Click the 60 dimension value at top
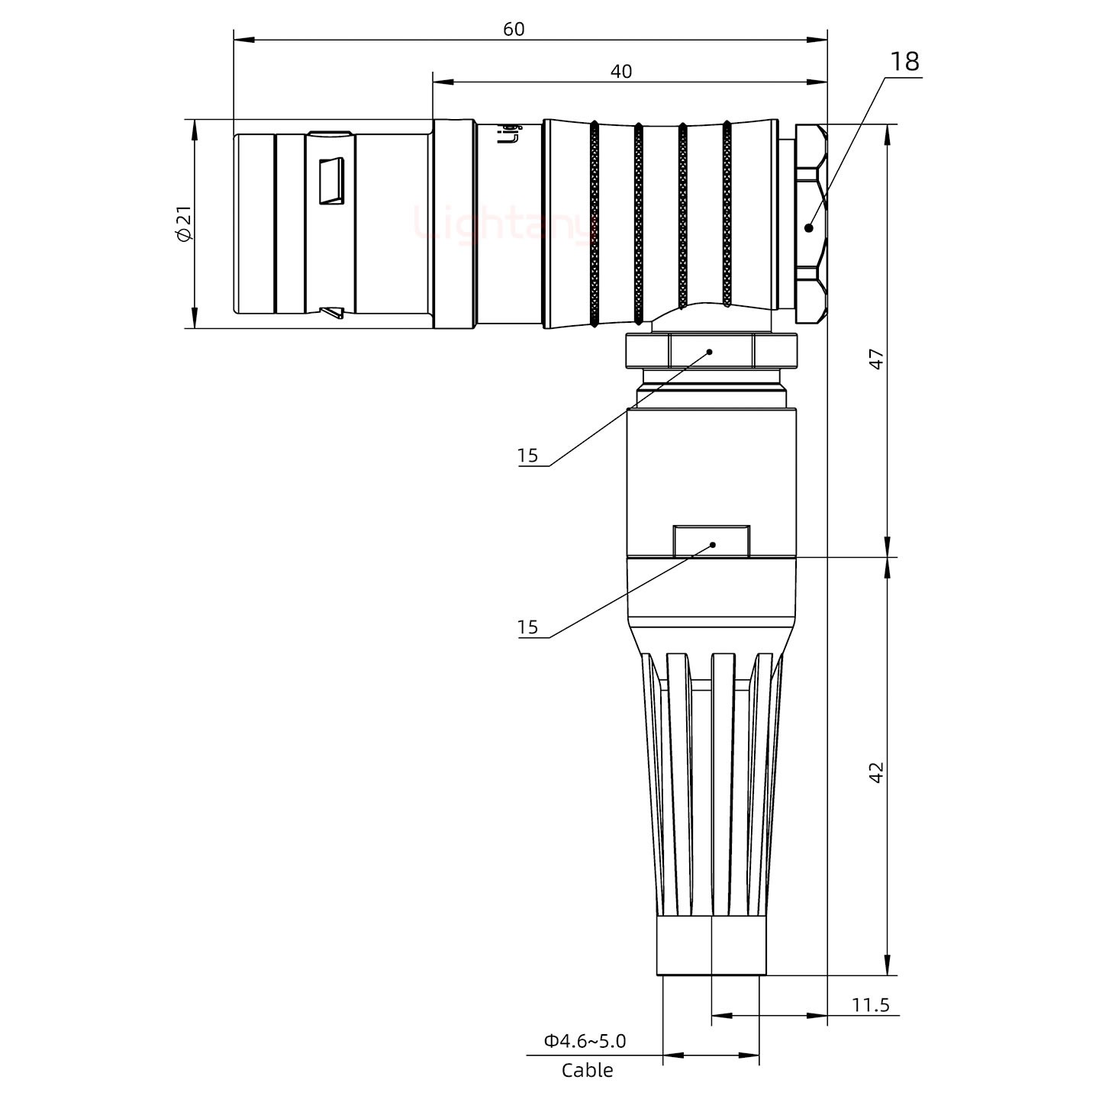click(x=514, y=29)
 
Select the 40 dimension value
click(x=621, y=71)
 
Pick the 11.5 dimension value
click(x=870, y=1004)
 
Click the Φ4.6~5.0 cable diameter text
click(x=585, y=1040)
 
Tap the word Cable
click(x=587, y=1071)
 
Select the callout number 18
click(x=904, y=62)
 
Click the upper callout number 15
click(x=527, y=456)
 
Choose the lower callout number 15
click(x=527, y=627)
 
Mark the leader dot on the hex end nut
click(x=809, y=227)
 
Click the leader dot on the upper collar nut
click(x=710, y=352)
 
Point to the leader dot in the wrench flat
click(x=713, y=545)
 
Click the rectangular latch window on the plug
click(x=331, y=182)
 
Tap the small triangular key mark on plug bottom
click(x=333, y=311)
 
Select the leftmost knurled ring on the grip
click(x=594, y=224)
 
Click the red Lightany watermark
click(x=504, y=224)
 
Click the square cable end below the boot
click(x=711, y=946)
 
